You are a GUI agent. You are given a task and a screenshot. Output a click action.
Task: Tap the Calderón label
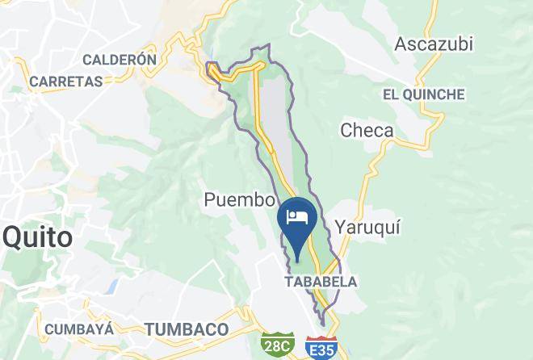119,60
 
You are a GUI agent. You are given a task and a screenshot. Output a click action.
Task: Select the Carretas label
65,82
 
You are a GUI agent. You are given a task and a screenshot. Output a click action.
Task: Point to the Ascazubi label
434,44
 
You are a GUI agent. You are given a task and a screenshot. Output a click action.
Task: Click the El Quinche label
424,94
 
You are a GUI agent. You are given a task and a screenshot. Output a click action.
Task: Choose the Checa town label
367,131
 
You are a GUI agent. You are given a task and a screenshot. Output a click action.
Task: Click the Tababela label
321,282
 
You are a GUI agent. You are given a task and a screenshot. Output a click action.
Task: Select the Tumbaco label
187,329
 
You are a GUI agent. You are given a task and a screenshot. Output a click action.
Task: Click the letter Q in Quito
14,237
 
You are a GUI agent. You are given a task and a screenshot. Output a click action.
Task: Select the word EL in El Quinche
392,94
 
